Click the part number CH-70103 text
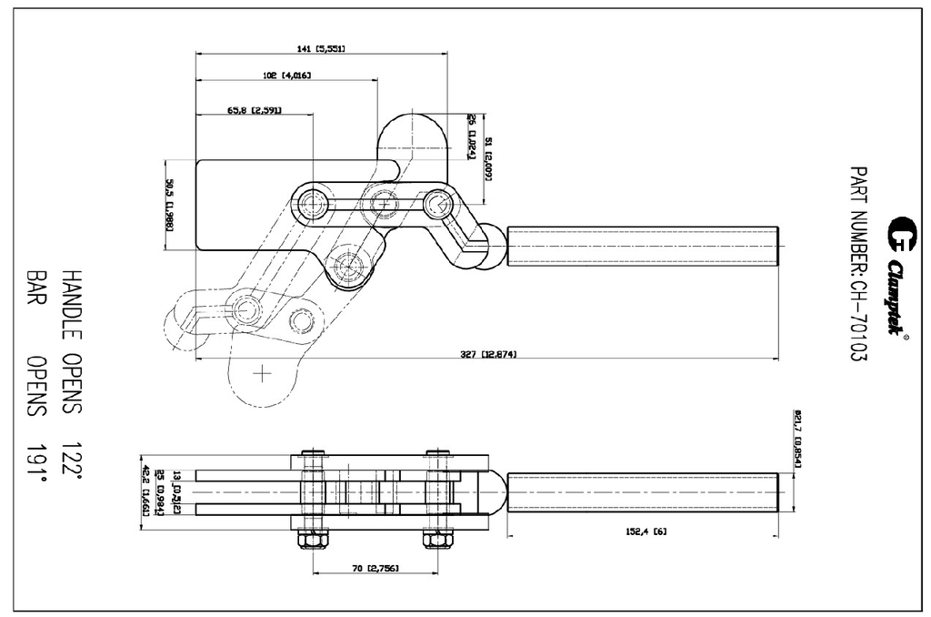click(857, 264)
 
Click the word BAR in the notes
click(36, 285)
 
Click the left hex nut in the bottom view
click(313, 540)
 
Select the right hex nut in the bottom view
click(437, 540)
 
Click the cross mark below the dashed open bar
click(263, 372)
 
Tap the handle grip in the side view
click(643, 246)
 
